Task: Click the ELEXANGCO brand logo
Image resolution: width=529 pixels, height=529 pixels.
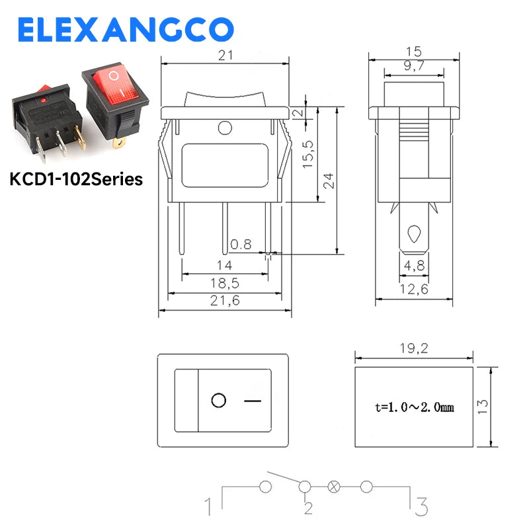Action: (126, 29)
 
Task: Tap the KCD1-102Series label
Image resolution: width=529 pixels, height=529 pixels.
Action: (76, 179)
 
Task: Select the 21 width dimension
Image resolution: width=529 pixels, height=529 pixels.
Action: (225, 56)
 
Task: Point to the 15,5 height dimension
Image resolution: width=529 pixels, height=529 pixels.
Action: (307, 155)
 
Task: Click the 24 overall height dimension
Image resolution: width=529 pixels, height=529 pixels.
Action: (328, 181)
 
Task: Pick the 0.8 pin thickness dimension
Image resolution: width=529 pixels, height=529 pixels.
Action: (241, 244)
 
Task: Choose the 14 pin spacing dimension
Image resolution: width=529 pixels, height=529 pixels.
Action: (225, 266)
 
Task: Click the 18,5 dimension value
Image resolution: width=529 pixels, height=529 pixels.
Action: (225, 283)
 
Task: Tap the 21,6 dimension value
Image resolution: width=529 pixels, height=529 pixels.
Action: (225, 300)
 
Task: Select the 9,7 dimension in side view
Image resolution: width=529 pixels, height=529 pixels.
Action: (414, 65)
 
